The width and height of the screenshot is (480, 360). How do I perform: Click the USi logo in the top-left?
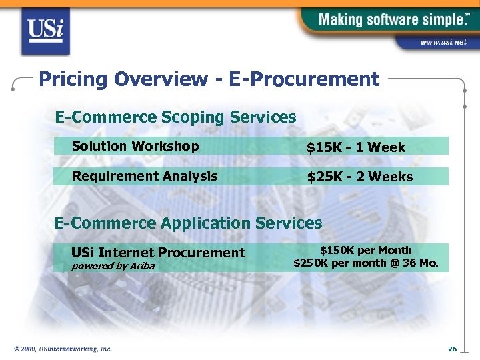tap(45, 31)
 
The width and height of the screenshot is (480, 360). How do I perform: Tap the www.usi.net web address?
tap(443, 42)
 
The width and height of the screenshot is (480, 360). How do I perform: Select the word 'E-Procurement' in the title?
tap(304, 80)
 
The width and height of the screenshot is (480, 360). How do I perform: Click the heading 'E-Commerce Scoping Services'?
tap(175, 117)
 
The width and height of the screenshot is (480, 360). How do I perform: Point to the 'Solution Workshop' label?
tap(135, 146)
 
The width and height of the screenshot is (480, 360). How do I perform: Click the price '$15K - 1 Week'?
tap(355, 147)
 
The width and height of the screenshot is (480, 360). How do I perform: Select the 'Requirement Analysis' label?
tap(145, 176)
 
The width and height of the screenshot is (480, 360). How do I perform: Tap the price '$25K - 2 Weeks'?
tap(359, 177)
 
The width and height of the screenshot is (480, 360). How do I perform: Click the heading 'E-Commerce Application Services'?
tap(188, 223)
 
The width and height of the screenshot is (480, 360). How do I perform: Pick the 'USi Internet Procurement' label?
tap(158, 253)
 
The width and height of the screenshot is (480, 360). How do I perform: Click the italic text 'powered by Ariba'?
tap(113, 266)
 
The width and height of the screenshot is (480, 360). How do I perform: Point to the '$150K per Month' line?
tap(365, 251)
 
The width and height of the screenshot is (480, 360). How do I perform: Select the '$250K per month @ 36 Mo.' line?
tap(365, 263)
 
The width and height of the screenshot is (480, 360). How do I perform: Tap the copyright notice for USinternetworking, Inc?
tap(63, 349)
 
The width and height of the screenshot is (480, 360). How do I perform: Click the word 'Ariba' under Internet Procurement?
tap(142, 266)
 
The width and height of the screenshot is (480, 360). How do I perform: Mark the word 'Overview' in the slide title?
tap(160, 80)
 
